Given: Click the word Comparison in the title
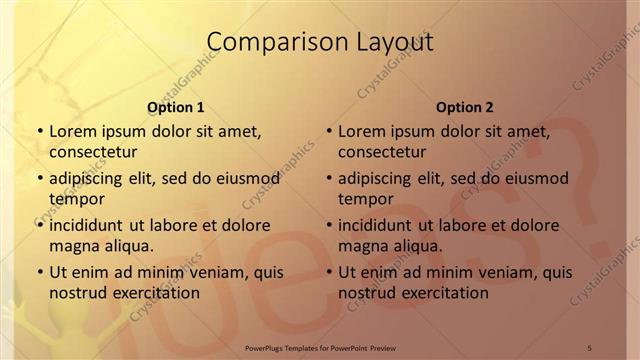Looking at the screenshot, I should click(267, 41).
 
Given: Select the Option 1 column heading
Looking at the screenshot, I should click(176, 107).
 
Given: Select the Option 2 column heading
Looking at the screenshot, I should click(465, 107).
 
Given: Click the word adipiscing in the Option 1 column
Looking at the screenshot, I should click(89, 178).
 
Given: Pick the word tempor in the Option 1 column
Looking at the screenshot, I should click(76, 198).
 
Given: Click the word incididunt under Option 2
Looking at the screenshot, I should click(380, 225).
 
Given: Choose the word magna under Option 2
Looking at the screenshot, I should click(362, 245).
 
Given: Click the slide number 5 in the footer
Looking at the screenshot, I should click(590, 347).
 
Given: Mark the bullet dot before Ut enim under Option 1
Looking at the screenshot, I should click(39, 272).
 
